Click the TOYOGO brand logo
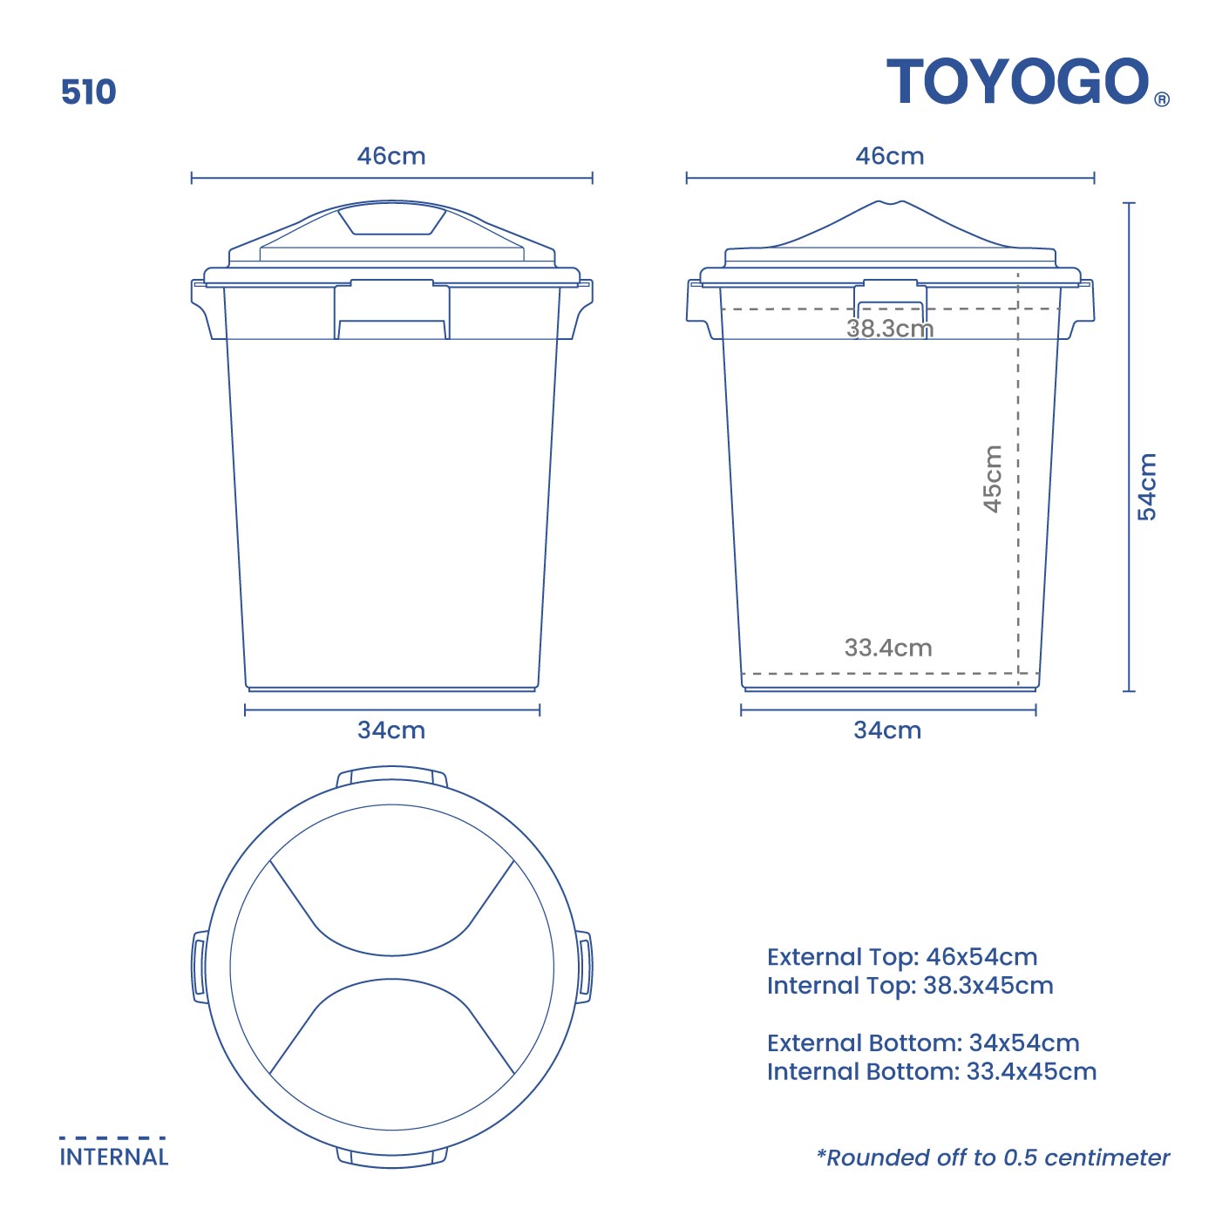pyautogui.click(x=1018, y=82)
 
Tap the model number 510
pyautogui.click(x=88, y=92)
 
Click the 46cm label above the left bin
pyautogui.click(x=391, y=156)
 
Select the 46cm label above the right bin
pyautogui.click(x=889, y=156)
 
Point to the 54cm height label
pyautogui.click(x=1147, y=486)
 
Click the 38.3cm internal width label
pyautogui.click(x=889, y=329)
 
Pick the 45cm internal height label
pyautogui.click(x=992, y=479)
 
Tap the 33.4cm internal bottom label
pyautogui.click(x=887, y=648)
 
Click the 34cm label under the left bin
pyautogui.click(x=391, y=730)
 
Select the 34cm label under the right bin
pyautogui.click(x=887, y=730)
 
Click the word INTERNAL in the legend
pyautogui.click(x=113, y=1157)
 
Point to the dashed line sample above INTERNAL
pyautogui.click(x=112, y=1137)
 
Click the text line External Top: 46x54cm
pyautogui.click(x=902, y=957)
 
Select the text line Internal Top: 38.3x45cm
pyautogui.click(x=910, y=986)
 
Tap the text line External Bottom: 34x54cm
pyautogui.click(x=923, y=1042)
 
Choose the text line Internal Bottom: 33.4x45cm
pyautogui.click(x=932, y=1071)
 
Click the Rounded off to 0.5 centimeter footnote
pyautogui.click(x=993, y=1158)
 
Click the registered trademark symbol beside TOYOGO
pyautogui.click(x=1162, y=99)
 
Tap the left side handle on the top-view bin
pyautogui.click(x=200, y=967)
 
